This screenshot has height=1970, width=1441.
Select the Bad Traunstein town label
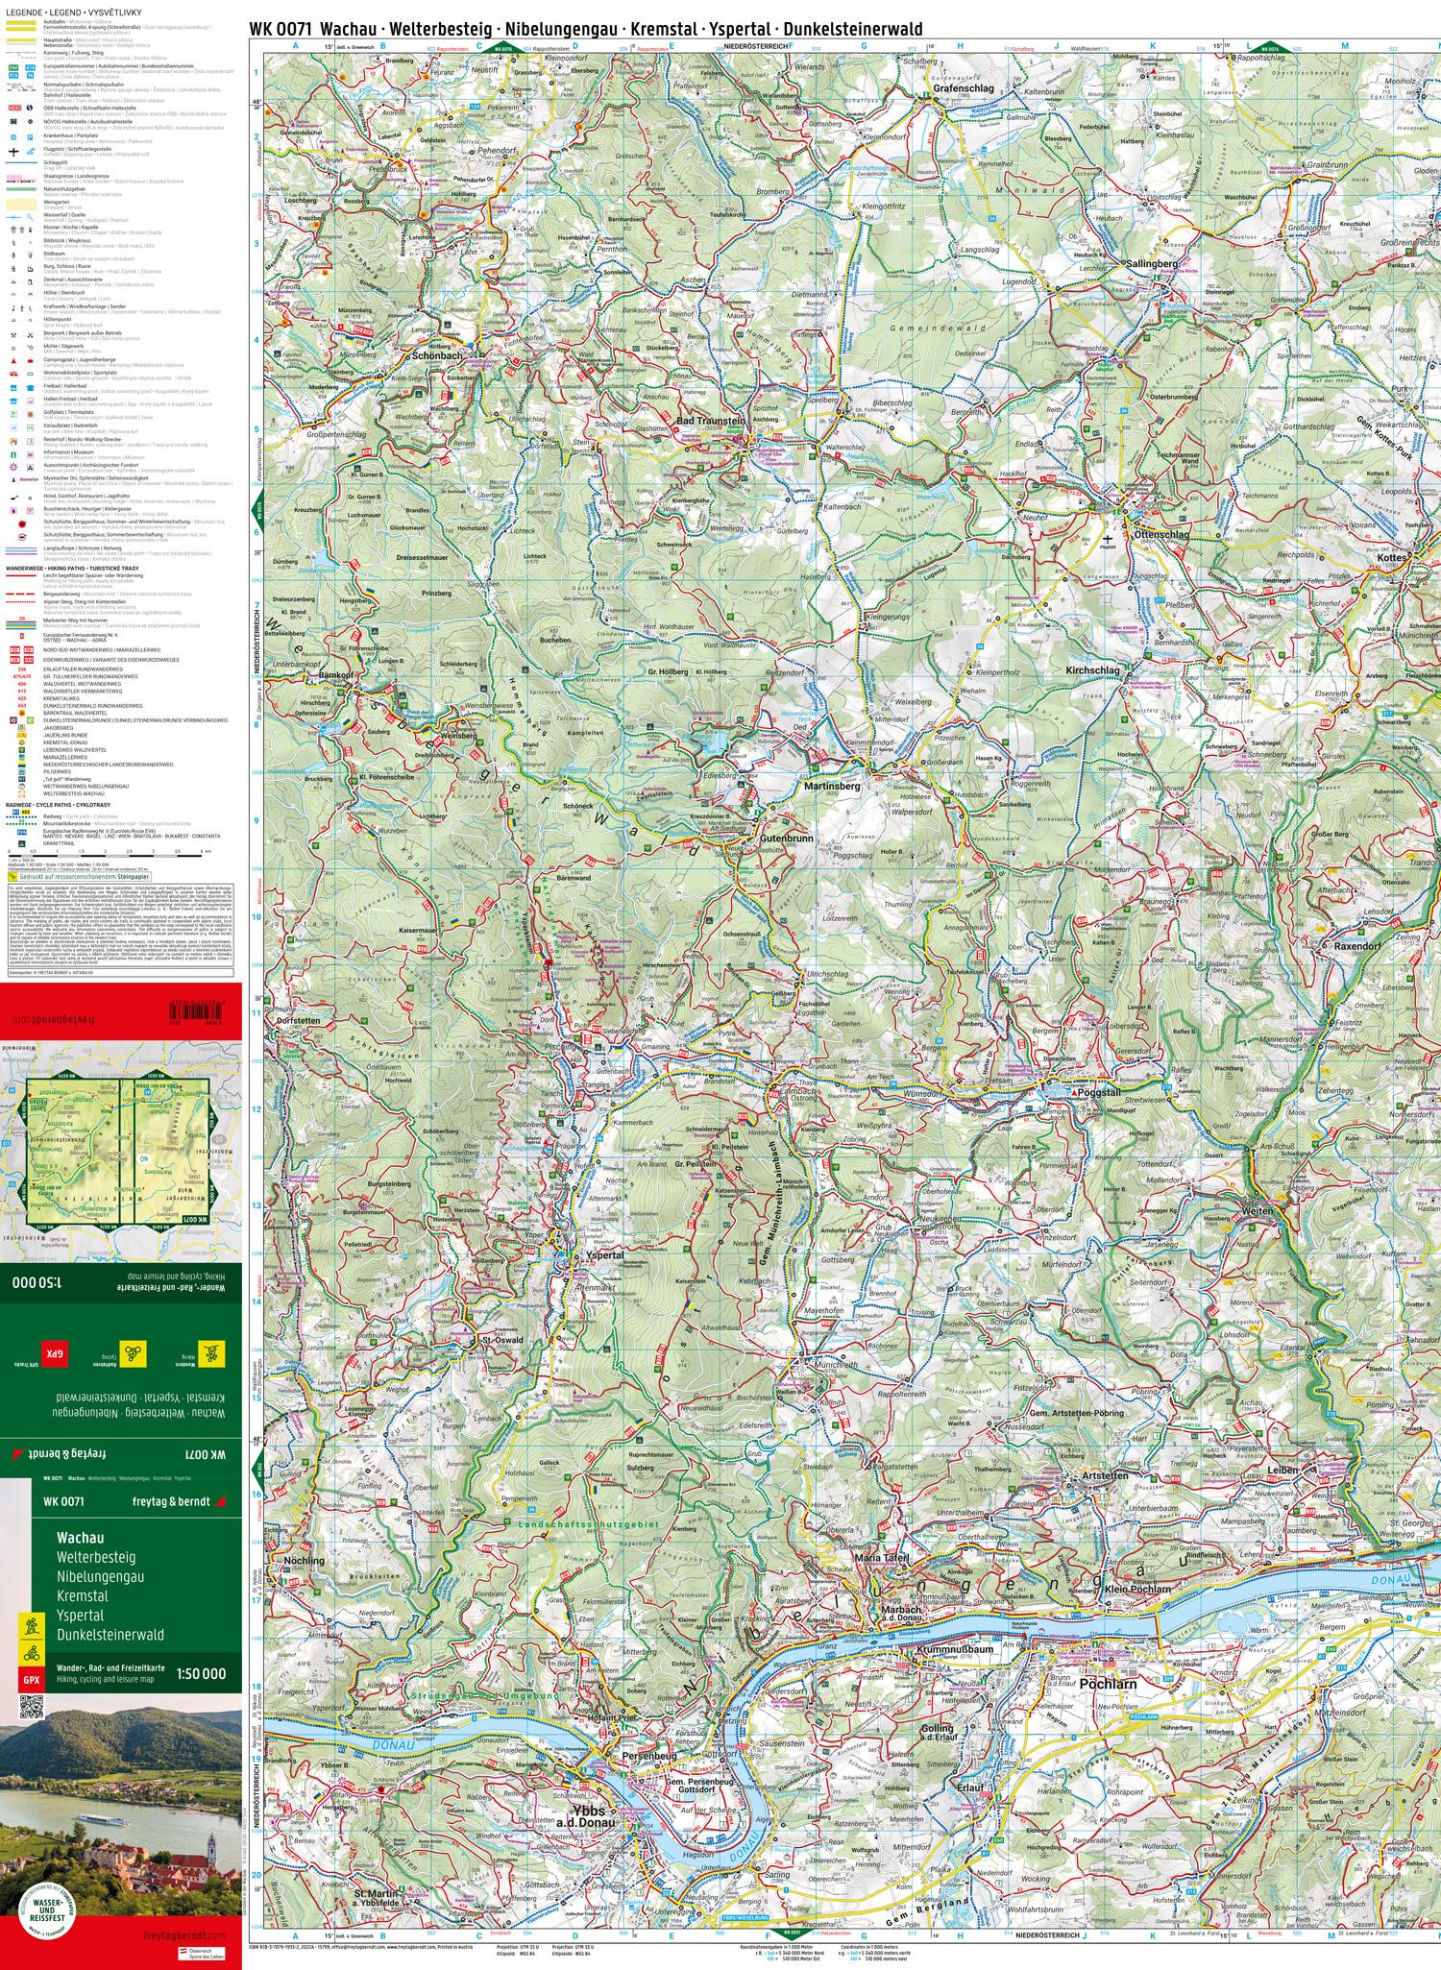(712, 421)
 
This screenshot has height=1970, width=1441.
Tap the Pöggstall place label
(1091, 1094)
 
